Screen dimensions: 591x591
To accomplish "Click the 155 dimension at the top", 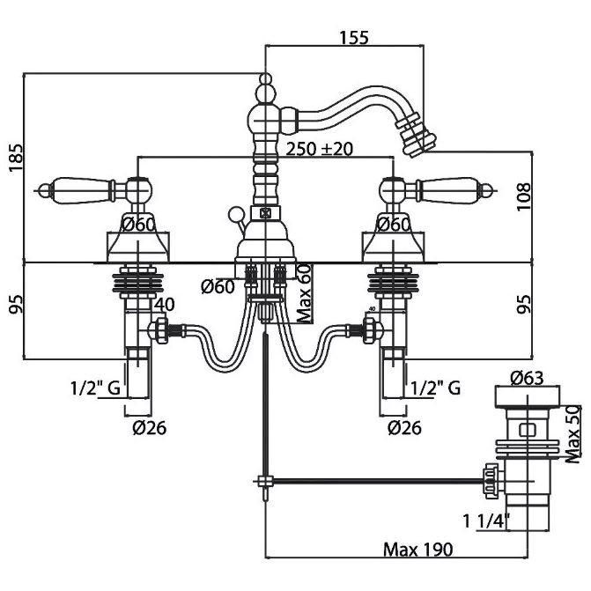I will (353, 37).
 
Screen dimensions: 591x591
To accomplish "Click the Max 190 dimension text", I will (417, 550).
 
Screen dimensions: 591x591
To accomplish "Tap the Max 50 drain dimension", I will (573, 432).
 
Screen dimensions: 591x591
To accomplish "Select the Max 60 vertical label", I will (304, 293).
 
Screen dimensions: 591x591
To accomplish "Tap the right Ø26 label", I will (404, 428).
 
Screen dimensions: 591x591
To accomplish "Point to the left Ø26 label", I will (148, 428).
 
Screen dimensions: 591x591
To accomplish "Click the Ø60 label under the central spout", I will (216, 286).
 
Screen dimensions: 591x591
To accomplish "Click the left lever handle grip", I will (80, 187).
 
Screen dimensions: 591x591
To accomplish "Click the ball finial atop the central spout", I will (263, 86).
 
